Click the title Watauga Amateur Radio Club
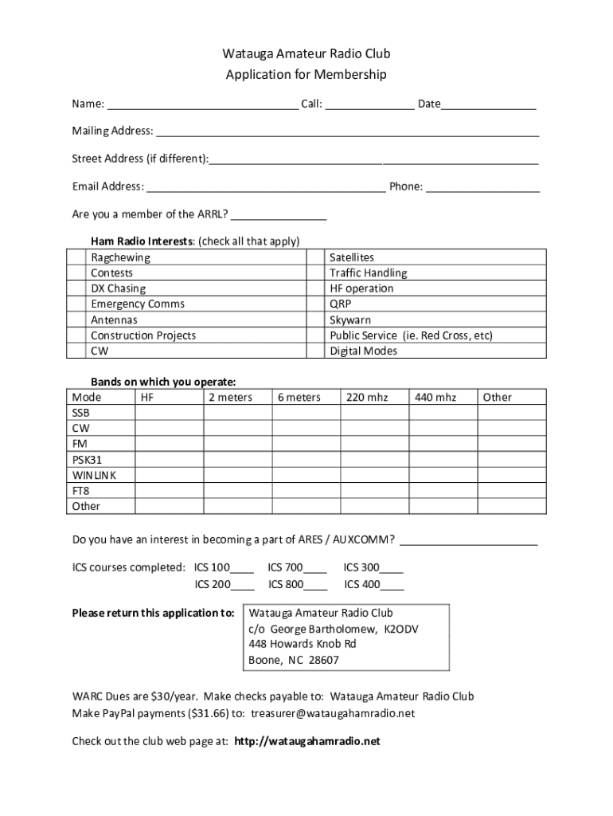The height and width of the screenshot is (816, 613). tap(306, 54)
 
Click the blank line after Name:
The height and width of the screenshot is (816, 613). tap(202, 104)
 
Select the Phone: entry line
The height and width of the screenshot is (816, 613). tap(482, 187)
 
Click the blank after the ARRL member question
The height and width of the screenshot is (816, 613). tap(279, 215)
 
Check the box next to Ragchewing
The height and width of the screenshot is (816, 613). tap(76, 257)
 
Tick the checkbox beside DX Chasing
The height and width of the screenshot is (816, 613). tap(76, 288)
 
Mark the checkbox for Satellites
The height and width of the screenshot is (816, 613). tap(315, 257)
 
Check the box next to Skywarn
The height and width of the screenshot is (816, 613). tap(315, 320)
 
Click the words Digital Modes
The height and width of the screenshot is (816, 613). tap(363, 351)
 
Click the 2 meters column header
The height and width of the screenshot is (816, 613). tap(230, 397)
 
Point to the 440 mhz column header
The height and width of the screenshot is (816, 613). tap(435, 397)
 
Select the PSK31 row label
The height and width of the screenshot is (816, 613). tap(87, 460)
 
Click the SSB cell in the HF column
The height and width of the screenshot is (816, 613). tap(169, 413)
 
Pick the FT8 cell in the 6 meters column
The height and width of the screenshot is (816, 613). tap(306, 491)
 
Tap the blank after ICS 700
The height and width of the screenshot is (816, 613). tap(315, 569)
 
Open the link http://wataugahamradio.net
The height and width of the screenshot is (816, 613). tap(307, 741)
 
